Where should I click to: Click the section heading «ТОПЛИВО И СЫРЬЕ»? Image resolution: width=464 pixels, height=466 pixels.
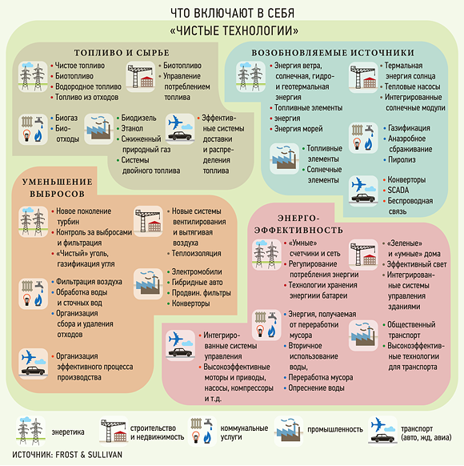click(x=122, y=53)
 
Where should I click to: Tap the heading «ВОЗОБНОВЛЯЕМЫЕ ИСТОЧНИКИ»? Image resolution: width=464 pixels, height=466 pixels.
click(x=333, y=53)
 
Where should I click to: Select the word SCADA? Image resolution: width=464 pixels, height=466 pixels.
click(x=398, y=191)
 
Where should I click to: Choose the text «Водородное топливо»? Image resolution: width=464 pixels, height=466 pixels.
click(x=88, y=86)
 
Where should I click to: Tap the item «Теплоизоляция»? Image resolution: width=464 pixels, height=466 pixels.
click(x=197, y=254)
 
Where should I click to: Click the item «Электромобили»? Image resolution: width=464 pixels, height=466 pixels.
click(x=197, y=272)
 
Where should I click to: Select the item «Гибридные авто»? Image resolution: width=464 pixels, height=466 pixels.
click(x=197, y=283)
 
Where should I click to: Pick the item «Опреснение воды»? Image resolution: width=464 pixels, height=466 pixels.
click(x=317, y=388)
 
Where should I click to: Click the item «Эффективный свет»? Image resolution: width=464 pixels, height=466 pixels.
click(x=417, y=264)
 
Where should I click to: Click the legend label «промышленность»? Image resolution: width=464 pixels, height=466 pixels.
click(x=335, y=430)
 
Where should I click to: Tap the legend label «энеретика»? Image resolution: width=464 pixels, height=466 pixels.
click(x=68, y=432)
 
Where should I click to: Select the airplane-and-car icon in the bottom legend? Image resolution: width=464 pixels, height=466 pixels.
click(x=382, y=431)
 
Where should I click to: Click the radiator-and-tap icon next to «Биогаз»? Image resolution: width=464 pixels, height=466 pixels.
click(x=33, y=129)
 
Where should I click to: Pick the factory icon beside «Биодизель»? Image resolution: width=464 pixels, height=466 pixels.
click(x=99, y=129)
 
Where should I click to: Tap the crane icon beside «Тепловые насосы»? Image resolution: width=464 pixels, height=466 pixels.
click(x=363, y=77)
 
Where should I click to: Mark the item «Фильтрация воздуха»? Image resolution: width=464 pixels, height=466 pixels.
click(x=89, y=282)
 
